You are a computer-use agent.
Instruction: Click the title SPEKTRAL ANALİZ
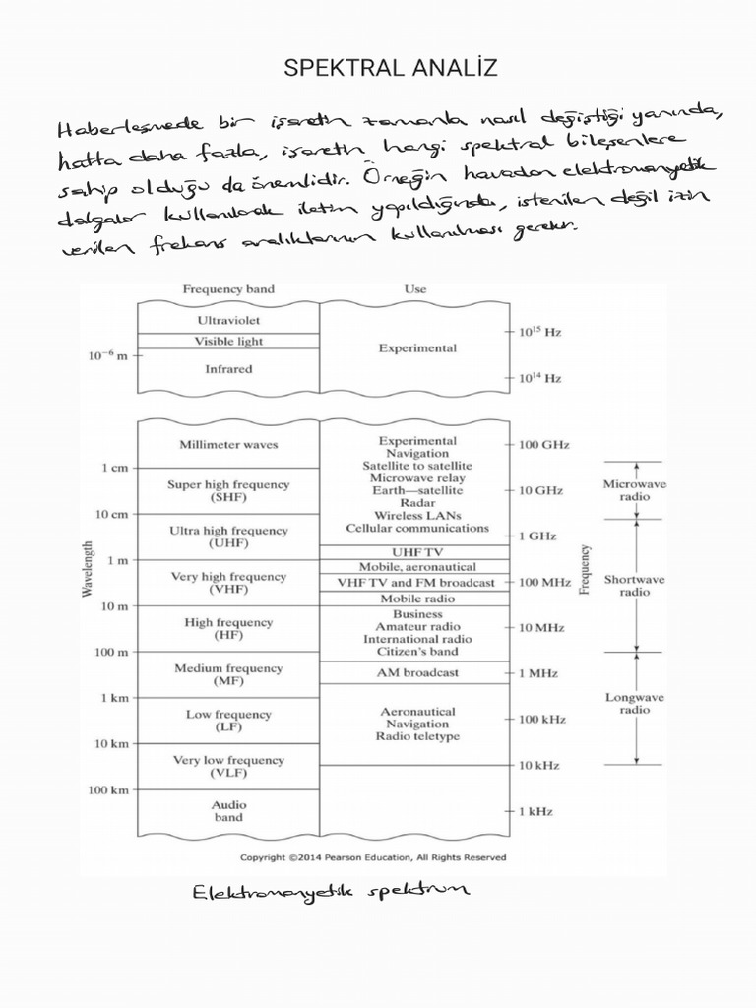[x=391, y=68]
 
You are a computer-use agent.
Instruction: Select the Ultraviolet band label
[x=228, y=320]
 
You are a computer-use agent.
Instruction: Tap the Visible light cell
[x=228, y=342]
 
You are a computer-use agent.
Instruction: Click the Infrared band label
[x=228, y=369]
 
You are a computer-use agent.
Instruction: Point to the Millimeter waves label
[x=228, y=444]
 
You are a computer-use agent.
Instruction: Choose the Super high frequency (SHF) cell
[x=228, y=491]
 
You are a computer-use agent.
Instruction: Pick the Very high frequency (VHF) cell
[x=228, y=583]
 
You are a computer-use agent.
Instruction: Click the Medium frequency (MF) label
[x=228, y=674]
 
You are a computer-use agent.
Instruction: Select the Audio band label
[x=228, y=810]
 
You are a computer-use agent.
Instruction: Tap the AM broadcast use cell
[x=417, y=672]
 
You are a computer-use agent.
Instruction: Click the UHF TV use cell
[x=417, y=552]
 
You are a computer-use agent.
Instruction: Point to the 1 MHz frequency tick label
[x=539, y=673]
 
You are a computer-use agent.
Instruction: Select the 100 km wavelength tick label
[x=108, y=789]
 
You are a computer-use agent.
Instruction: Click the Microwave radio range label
[x=627, y=490]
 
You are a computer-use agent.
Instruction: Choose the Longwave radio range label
[x=634, y=703]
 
